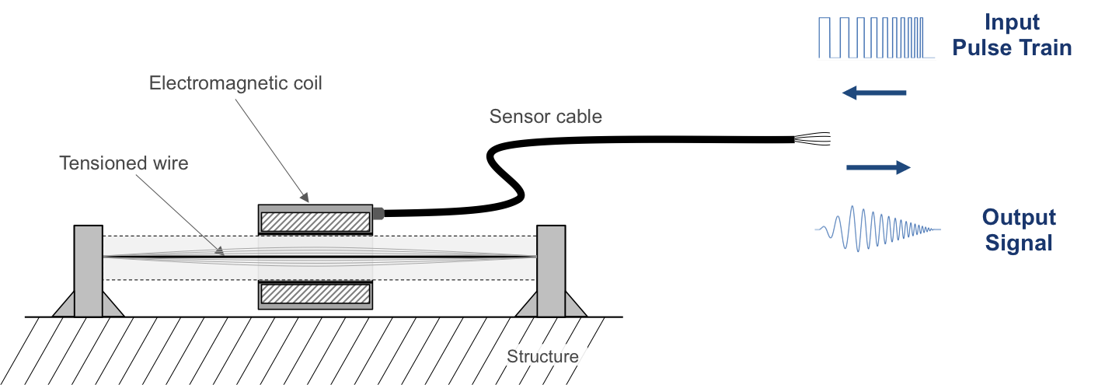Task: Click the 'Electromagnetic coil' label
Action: click(x=235, y=83)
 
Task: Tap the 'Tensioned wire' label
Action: click(x=124, y=163)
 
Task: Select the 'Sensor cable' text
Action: click(x=546, y=117)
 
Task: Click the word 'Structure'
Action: click(x=542, y=357)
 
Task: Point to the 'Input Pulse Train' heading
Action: click(x=1012, y=35)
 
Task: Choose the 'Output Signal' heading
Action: click(x=1019, y=229)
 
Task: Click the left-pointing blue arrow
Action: click(x=874, y=93)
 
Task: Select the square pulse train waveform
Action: click(x=871, y=38)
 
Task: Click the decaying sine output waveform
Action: click(x=877, y=229)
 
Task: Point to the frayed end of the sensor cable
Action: click(x=813, y=139)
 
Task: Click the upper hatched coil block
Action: click(x=315, y=222)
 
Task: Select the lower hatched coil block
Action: click(x=315, y=294)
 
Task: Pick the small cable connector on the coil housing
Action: click(x=378, y=212)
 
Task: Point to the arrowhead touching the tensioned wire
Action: click(x=221, y=251)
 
